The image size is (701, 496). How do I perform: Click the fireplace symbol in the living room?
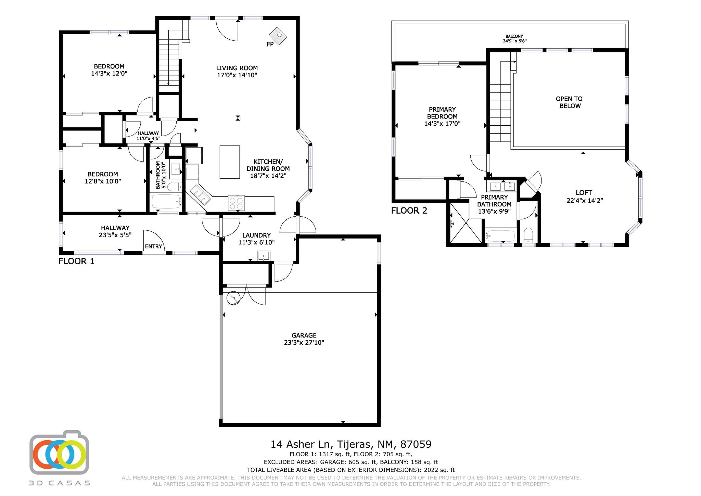[278, 36]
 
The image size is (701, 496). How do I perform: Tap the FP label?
[270, 44]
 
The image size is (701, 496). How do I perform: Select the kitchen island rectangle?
[229, 162]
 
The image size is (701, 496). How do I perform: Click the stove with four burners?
[237, 203]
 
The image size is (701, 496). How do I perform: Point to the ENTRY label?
[153, 246]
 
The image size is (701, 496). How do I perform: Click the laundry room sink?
[264, 256]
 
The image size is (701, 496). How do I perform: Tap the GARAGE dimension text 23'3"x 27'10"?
[304, 342]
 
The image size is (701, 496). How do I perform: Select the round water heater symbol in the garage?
[233, 298]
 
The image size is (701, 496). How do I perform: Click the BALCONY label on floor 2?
[514, 36]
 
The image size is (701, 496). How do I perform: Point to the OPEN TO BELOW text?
[570, 102]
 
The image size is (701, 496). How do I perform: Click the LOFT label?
[584, 193]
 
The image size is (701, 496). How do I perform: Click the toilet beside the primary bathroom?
[529, 235]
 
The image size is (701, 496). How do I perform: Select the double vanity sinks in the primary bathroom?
[501, 186]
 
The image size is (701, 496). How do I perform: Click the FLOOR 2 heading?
[409, 211]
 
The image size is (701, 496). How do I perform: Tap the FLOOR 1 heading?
[76, 261]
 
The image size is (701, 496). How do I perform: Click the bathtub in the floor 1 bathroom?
[166, 202]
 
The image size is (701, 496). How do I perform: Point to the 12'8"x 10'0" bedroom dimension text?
[103, 181]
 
